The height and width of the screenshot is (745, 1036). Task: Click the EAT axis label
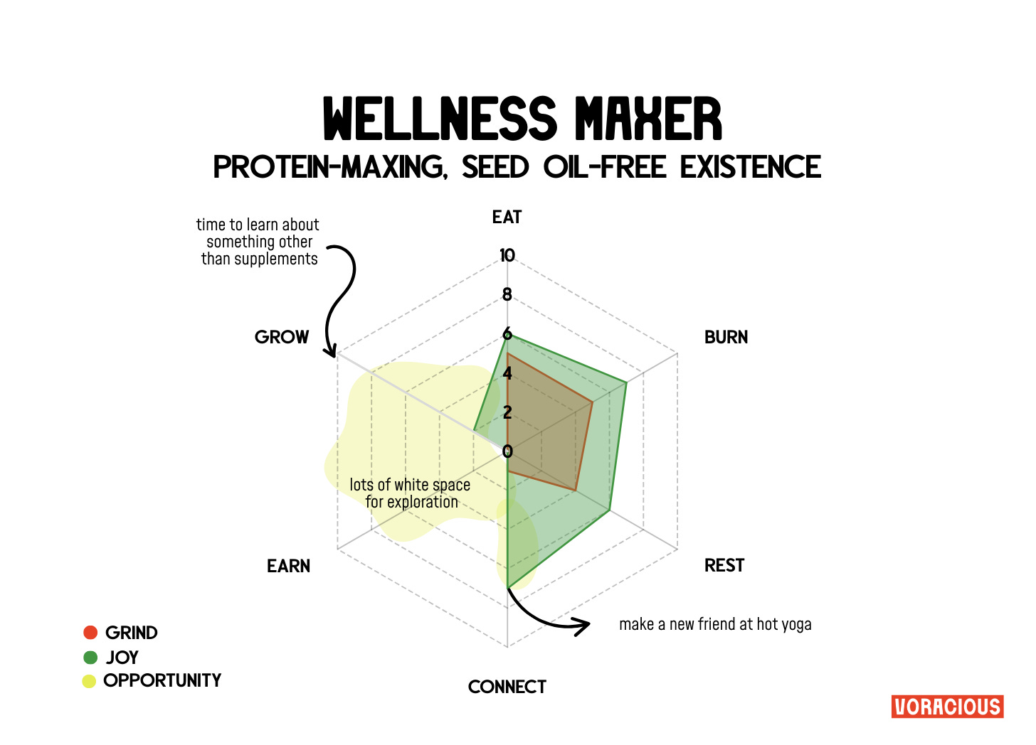(507, 218)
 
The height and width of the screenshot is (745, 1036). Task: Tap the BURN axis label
(726, 338)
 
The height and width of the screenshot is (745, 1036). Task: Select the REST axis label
(724, 566)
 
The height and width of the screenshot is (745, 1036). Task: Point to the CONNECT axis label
(507, 687)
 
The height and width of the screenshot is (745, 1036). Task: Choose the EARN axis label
(288, 567)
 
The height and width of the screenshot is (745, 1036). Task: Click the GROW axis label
(282, 338)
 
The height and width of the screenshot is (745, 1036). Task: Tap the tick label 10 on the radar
(507, 256)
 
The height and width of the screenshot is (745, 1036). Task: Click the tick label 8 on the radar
(507, 295)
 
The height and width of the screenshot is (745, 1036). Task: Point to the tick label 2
(507, 412)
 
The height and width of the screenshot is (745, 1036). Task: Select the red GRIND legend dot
(90, 633)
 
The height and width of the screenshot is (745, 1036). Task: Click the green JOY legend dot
(90, 657)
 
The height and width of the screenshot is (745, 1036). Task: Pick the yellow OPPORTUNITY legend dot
(89, 681)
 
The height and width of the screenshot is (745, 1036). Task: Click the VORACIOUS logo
(947, 707)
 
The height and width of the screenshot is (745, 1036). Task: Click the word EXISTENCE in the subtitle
(750, 168)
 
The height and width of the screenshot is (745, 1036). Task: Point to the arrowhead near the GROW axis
(330, 353)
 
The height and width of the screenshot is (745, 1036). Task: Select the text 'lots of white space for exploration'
(411, 493)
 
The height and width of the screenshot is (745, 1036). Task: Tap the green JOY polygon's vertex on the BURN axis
(626, 383)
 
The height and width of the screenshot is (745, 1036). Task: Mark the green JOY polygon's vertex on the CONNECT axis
(507, 587)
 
